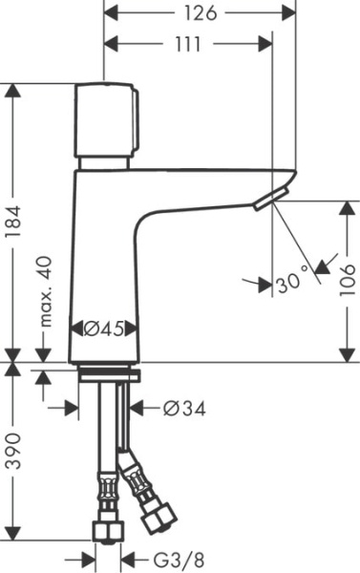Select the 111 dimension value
189,44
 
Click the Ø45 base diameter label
104,329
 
